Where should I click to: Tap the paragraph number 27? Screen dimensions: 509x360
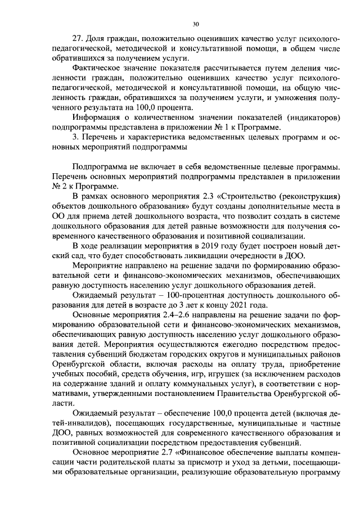tap(78, 39)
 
